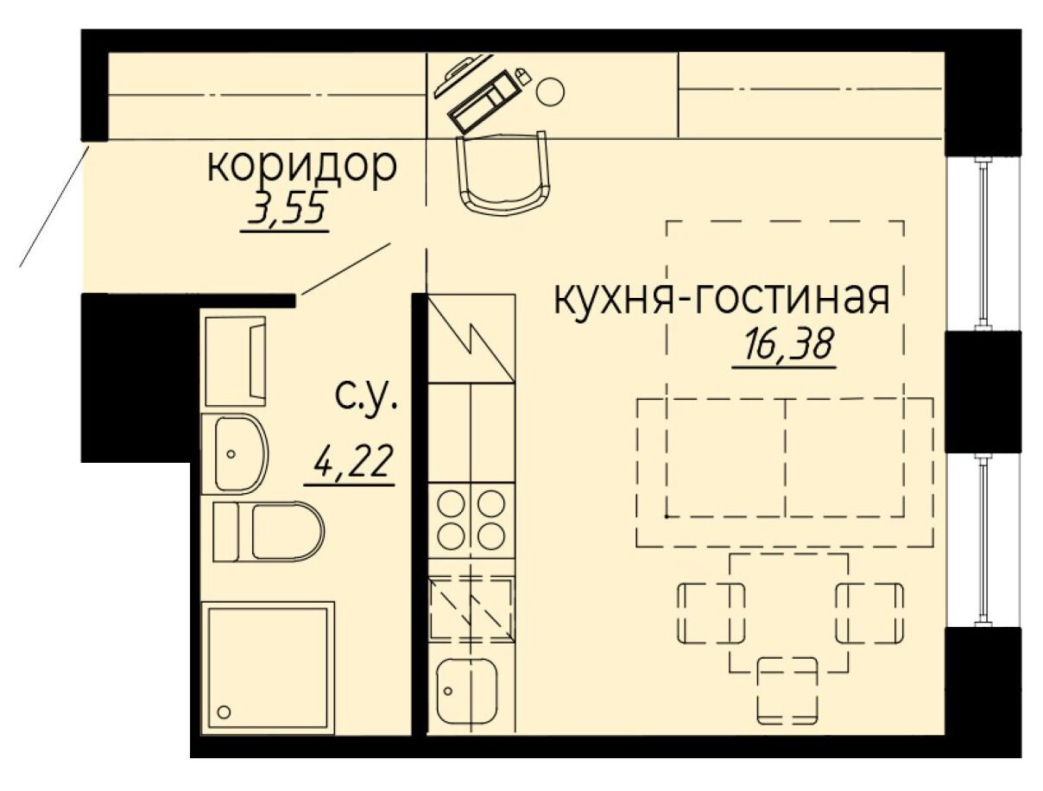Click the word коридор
[x=302, y=168]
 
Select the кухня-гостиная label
[x=721, y=300]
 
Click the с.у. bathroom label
[x=366, y=395]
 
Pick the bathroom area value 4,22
[x=351, y=461]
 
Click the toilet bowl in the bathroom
[x=268, y=531]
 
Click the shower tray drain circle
[x=224, y=712]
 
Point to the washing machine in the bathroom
[x=235, y=361]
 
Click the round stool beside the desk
[x=550, y=92]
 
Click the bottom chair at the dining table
[x=787, y=698]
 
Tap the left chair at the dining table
[x=711, y=613]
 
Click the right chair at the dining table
[x=869, y=613]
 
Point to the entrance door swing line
[x=54, y=207]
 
